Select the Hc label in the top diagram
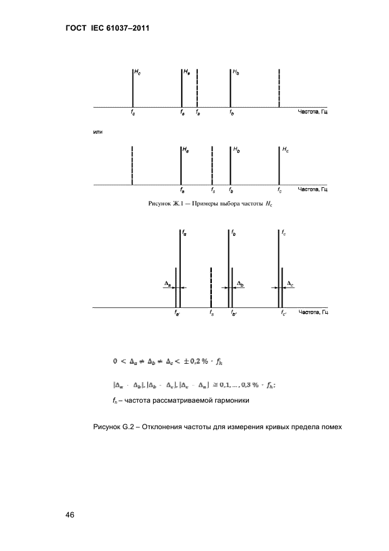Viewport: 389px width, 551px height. [138, 72]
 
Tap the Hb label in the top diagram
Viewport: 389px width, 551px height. [236, 72]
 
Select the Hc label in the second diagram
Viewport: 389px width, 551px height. [285, 151]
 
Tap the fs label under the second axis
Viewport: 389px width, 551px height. [212, 191]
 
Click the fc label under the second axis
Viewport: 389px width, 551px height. [280, 191]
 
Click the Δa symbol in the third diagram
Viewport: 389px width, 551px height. [167, 284]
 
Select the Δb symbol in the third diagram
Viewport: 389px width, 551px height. [240, 284]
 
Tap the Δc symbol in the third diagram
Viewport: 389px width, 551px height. [290, 284]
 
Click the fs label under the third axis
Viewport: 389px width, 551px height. [211, 313]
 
